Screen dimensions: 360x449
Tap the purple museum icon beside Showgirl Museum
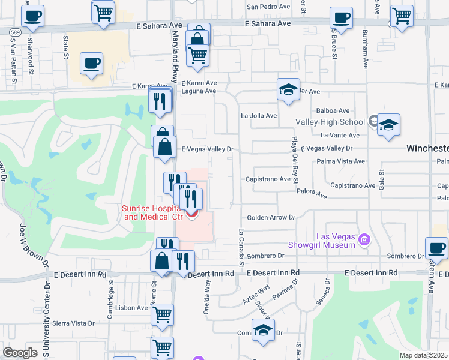click(x=363, y=241)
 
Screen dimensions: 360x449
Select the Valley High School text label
click(x=330, y=122)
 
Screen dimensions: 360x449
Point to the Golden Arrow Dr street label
click(x=271, y=217)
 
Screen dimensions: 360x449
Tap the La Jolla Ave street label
click(x=259, y=115)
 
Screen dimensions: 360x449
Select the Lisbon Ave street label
click(x=133, y=308)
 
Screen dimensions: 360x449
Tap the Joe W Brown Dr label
click(x=33, y=243)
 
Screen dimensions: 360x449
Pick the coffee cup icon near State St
click(x=92, y=63)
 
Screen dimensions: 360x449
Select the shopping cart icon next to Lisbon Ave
click(x=162, y=313)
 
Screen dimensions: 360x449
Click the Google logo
click(x=20, y=353)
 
